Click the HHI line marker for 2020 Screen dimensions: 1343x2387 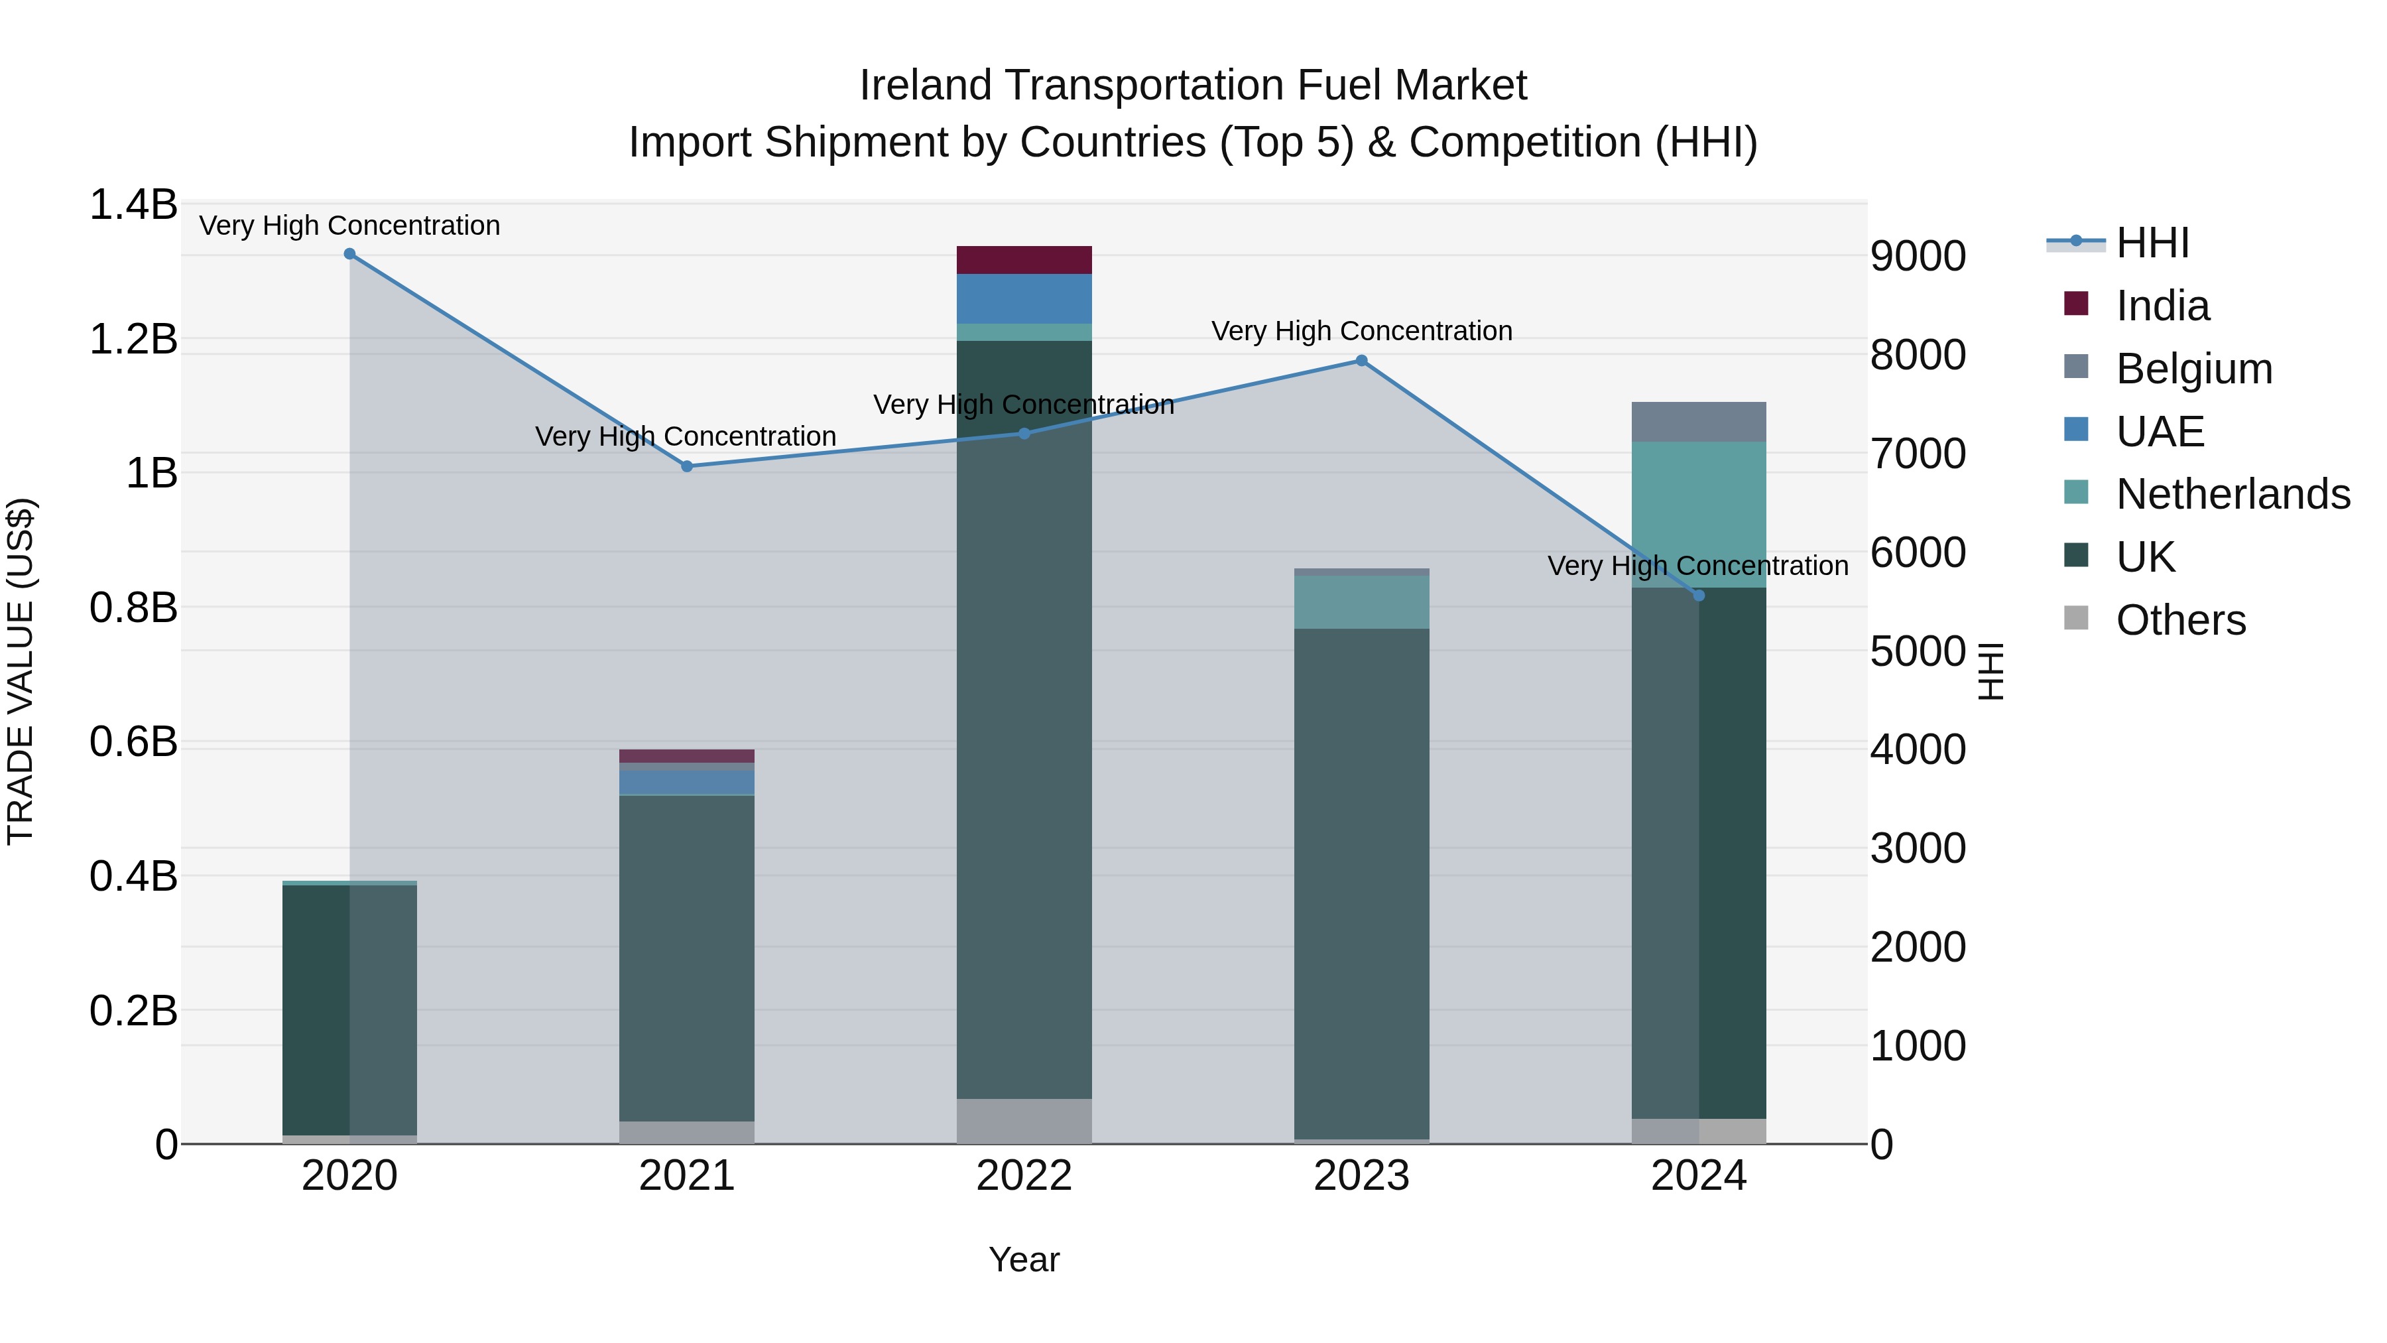(349, 254)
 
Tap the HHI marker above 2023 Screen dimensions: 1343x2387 (1361, 361)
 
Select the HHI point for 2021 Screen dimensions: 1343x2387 (687, 466)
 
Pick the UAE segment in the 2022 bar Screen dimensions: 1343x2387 (1024, 298)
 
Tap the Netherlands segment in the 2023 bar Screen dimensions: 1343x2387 (1361, 602)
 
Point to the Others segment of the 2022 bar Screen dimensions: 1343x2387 (1024, 1121)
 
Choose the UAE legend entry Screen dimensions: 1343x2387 (2159, 432)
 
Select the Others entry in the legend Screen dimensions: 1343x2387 (2180, 620)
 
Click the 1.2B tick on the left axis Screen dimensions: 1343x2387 (133, 339)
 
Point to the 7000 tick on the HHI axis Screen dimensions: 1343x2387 (1917, 454)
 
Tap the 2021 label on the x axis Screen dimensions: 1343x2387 (687, 1176)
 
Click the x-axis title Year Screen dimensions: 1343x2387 (1024, 1259)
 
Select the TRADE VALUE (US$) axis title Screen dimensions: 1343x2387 (21, 671)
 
